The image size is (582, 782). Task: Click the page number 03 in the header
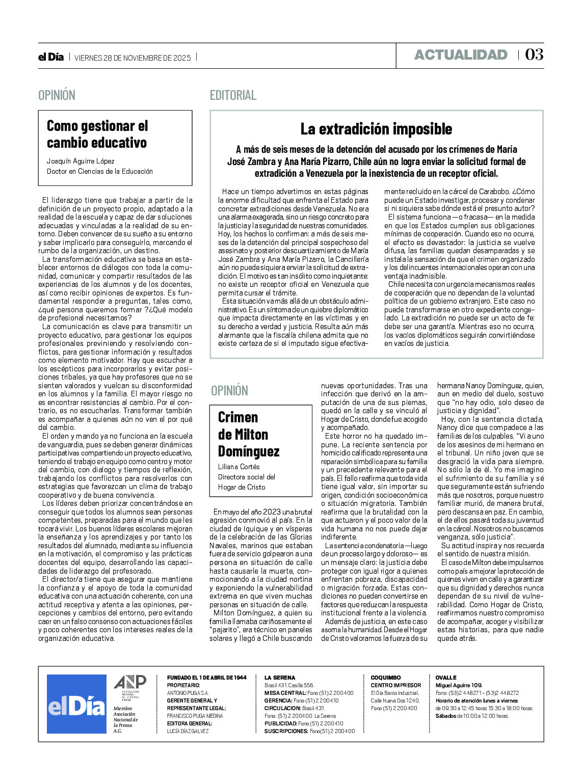(534, 55)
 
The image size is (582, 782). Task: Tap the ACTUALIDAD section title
(461, 55)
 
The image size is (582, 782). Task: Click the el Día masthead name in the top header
(51, 57)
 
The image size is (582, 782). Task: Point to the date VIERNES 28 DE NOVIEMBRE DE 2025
(133, 58)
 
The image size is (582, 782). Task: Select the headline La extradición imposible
(376, 129)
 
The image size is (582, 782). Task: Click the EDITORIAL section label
(233, 95)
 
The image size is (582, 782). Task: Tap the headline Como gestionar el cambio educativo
(97, 134)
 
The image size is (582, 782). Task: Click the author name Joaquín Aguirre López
(81, 161)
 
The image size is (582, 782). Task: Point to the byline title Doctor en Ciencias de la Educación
(100, 171)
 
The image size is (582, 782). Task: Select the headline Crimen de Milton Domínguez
(249, 434)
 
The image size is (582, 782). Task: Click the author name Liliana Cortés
(239, 467)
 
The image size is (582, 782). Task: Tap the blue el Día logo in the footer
(76, 704)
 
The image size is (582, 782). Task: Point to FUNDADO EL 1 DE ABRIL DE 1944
(206, 678)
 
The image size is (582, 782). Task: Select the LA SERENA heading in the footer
(280, 678)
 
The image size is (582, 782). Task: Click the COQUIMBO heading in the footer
(386, 678)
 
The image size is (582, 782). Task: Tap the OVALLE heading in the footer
(446, 678)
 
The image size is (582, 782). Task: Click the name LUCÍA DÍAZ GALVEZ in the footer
(188, 731)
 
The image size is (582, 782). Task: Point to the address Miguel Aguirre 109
(459, 685)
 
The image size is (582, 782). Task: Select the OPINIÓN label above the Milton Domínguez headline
(229, 391)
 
